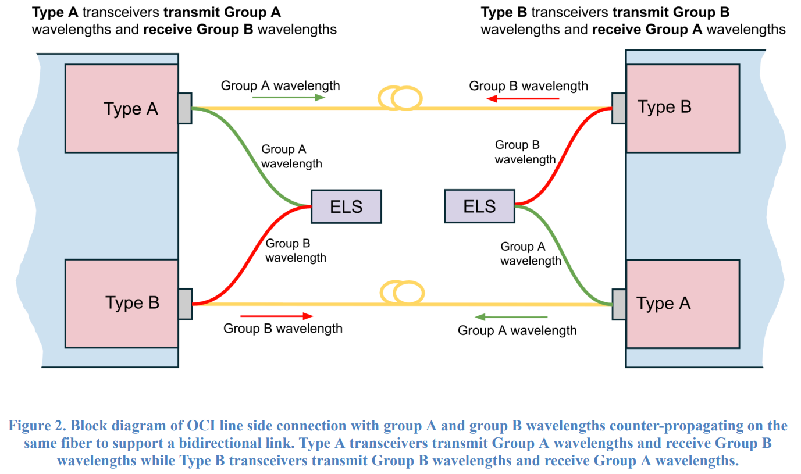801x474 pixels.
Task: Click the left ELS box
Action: click(x=346, y=206)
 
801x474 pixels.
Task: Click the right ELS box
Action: click(x=479, y=206)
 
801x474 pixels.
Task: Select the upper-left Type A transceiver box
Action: click(x=122, y=108)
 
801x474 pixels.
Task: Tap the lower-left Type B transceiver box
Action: click(x=122, y=303)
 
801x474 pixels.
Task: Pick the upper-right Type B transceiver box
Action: click(x=682, y=108)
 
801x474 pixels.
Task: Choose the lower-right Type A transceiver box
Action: click(x=682, y=304)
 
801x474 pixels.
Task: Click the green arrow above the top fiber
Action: click(x=288, y=97)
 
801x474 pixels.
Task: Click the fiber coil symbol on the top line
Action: click(x=400, y=98)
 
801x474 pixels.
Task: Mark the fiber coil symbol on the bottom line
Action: click(x=400, y=293)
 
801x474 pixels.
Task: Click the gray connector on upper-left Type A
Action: click(x=184, y=108)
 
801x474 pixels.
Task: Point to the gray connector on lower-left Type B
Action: click(x=184, y=304)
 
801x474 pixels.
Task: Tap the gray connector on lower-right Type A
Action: click(x=618, y=304)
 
